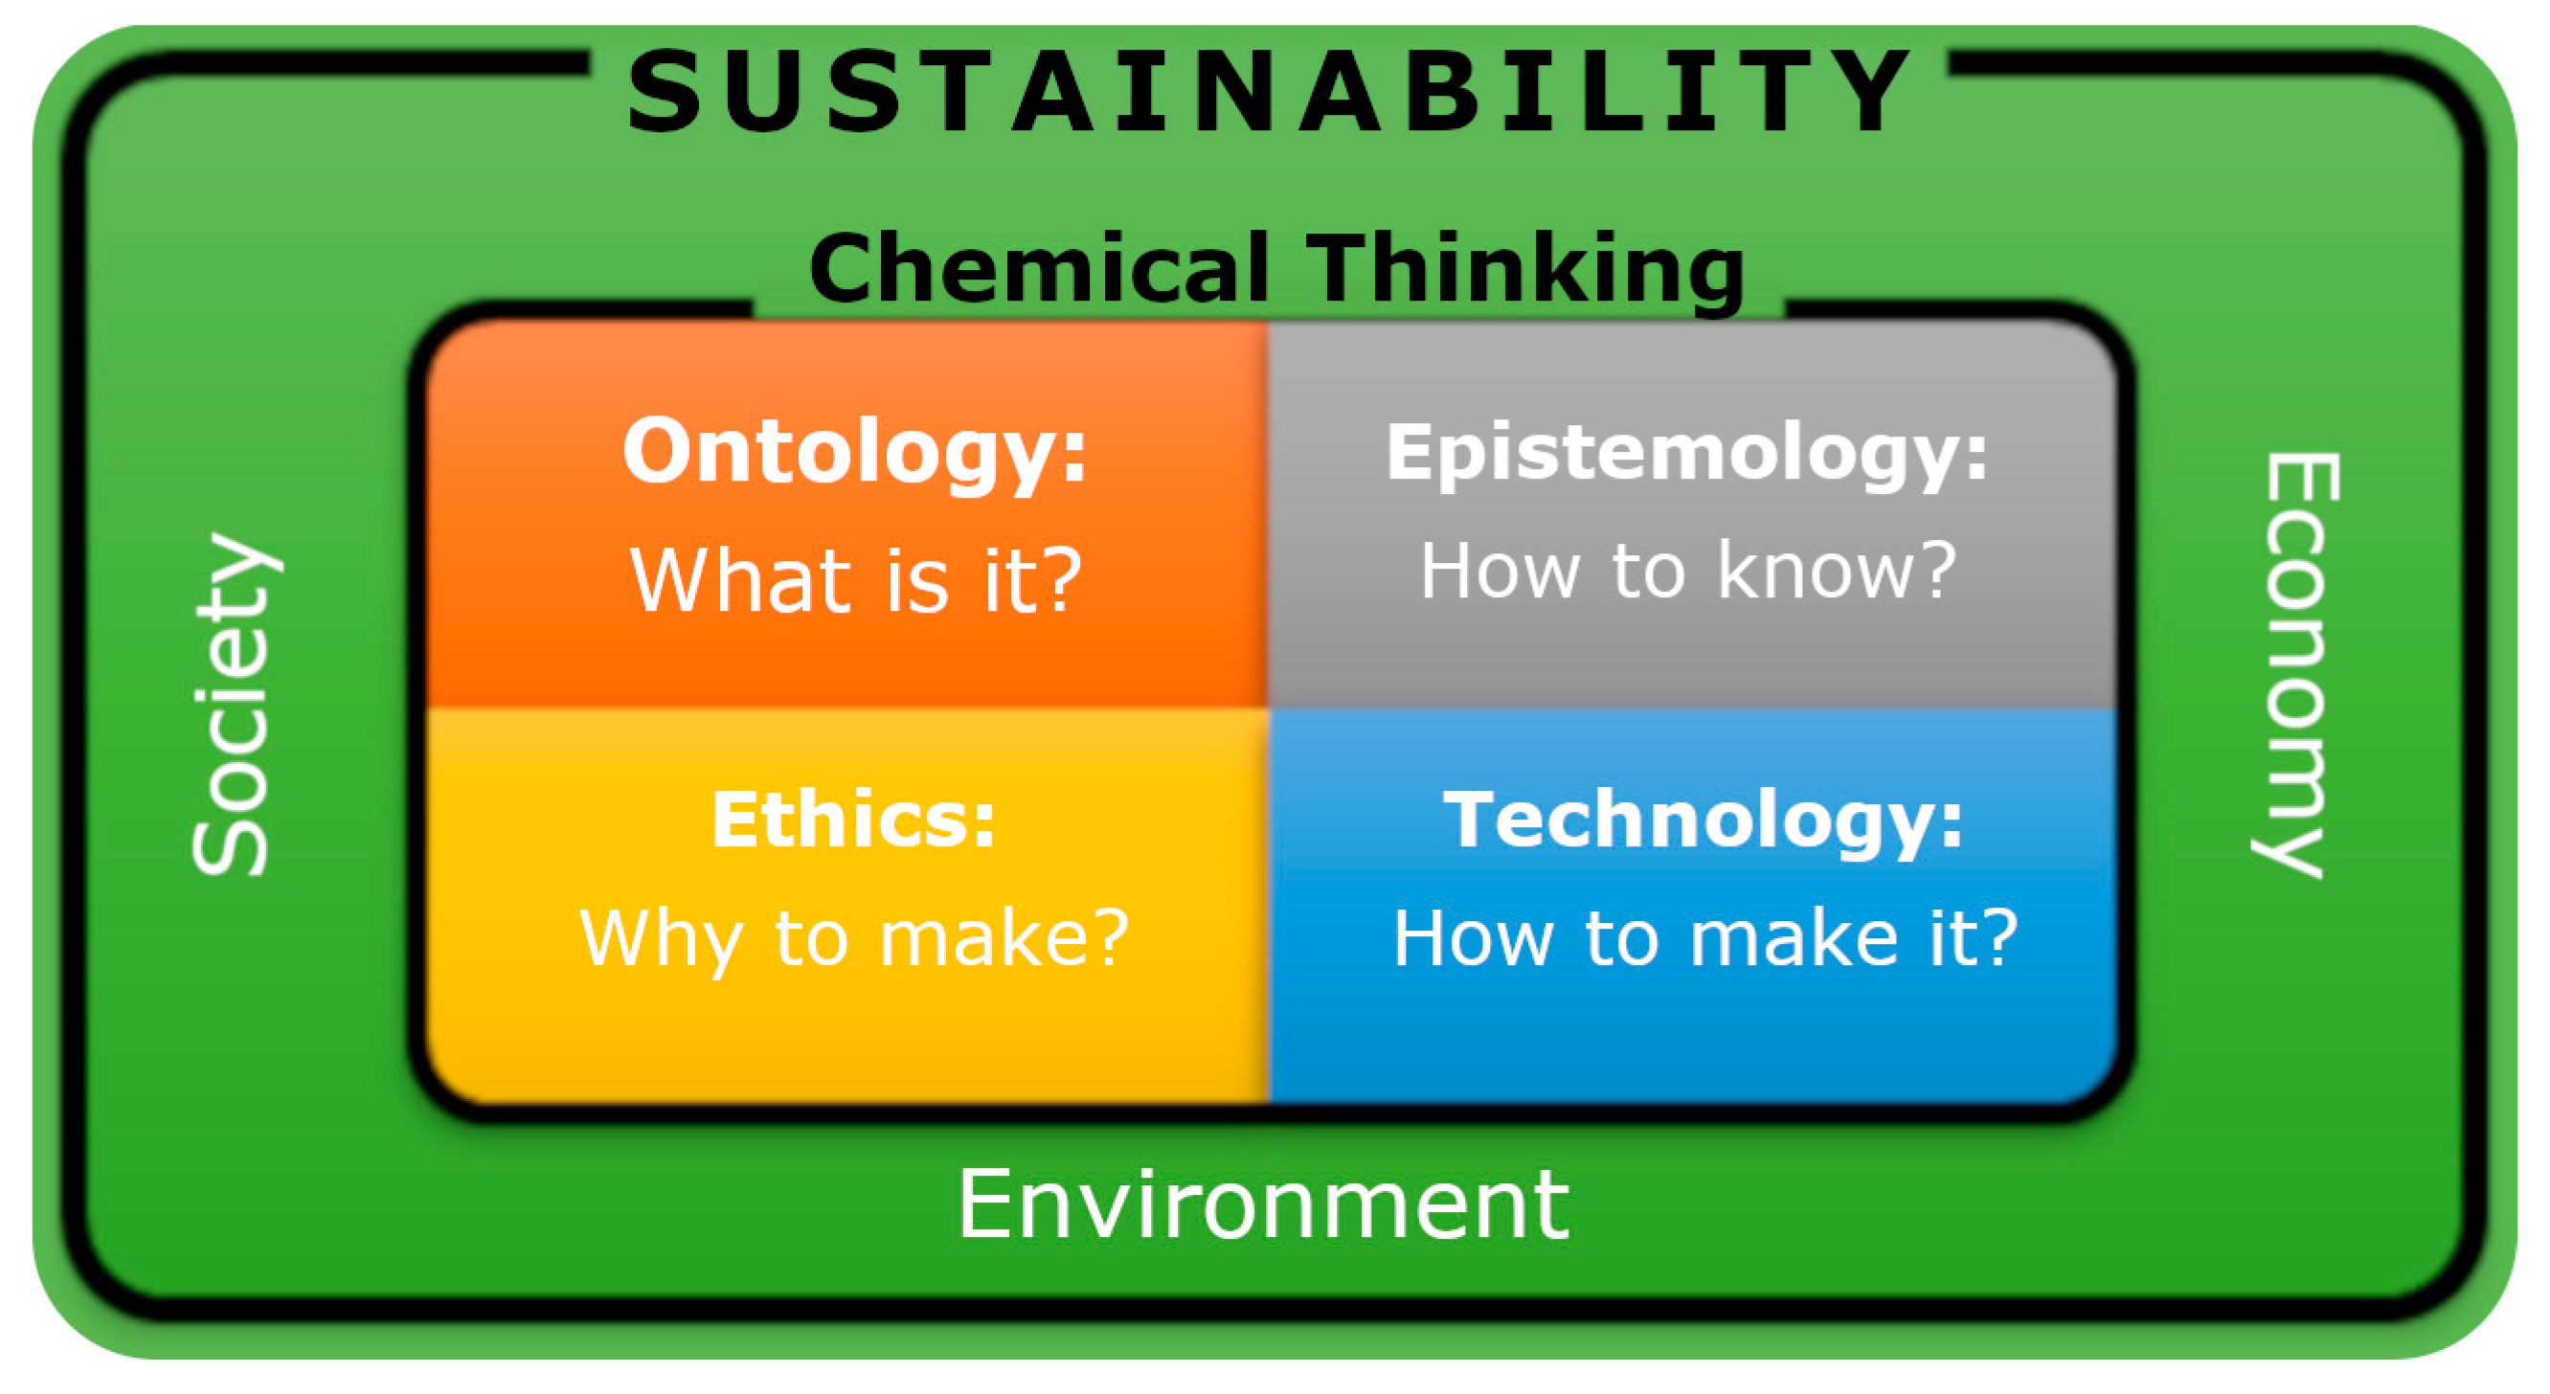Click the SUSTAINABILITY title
pyautogui.click(x=1268, y=91)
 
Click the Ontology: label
pyautogui.click(x=855, y=453)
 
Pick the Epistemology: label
pyautogui.click(x=1687, y=455)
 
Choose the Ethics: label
pyautogui.click(x=853, y=819)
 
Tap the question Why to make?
pyautogui.click(x=854, y=937)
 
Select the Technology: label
pyautogui.click(x=1703, y=821)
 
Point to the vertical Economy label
pyautogui.click(x=2295, y=665)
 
